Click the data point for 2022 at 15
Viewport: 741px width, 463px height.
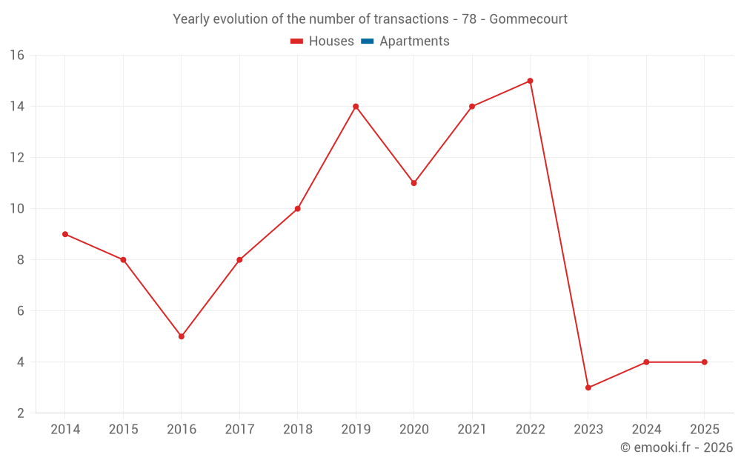[x=530, y=81]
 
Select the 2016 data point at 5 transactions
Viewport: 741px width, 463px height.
[x=182, y=336]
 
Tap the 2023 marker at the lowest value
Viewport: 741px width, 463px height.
[x=588, y=387]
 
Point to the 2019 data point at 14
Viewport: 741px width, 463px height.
[x=356, y=106]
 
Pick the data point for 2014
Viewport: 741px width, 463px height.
[x=65, y=234]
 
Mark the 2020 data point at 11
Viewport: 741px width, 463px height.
[x=413, y=183]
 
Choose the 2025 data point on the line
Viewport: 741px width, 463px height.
[x=704, y=362]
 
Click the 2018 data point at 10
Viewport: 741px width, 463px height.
[x=298, y=209]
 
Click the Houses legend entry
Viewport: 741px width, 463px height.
[x=330, y=41]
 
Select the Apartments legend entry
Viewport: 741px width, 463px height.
[x=414, y=41]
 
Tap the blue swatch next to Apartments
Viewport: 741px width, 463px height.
[x=367, y=41]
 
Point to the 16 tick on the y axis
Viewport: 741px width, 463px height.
[x=17, y=56]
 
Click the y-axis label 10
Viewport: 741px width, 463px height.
[x=17, y=209]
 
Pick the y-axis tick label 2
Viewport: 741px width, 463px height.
[x=21, y=413]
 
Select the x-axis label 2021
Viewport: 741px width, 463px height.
[x=472, y=430]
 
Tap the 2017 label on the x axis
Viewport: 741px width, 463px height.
[x=239, y=430]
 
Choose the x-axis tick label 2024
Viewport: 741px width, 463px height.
[x=646, y=430]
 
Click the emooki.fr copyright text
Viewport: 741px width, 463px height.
[x=677, y=447]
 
